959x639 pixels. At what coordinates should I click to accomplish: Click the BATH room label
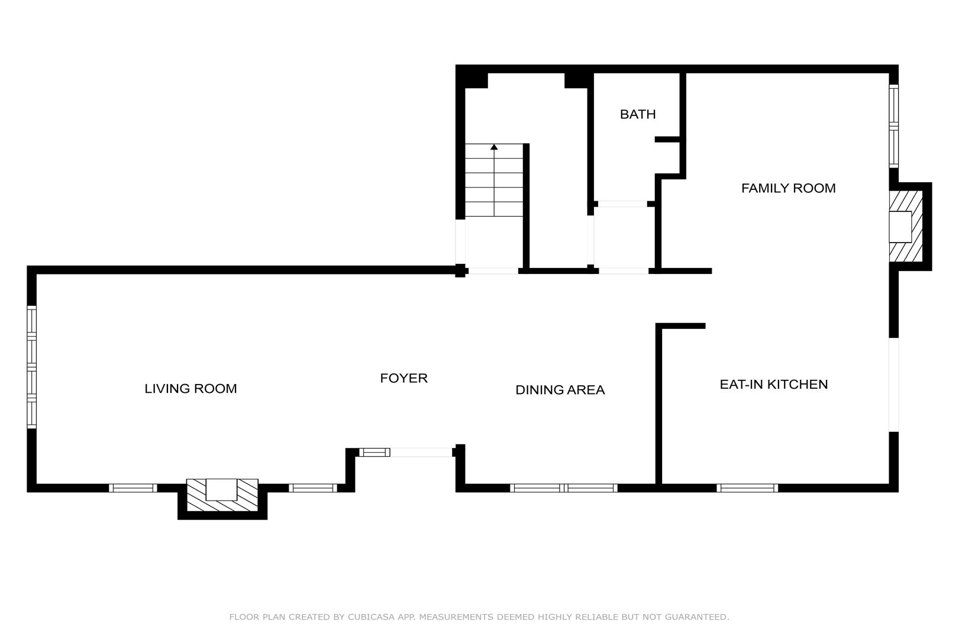tap(638, 114)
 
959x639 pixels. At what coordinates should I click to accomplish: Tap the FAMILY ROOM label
tap(788, 188)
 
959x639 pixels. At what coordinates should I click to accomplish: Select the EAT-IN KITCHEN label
tap(774, 384)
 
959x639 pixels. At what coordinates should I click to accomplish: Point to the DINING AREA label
tap(560, 390)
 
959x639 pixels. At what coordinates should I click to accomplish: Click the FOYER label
tap(403, 378)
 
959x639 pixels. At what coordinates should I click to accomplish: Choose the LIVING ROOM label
tap(190, 389)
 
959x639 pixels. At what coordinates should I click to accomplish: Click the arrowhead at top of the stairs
tap(494, 147)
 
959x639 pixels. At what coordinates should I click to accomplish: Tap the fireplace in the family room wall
tap(906, 226)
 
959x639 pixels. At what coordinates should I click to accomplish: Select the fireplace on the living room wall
tap(222, 495)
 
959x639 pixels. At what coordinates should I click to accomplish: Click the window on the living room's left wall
tap(32, 367)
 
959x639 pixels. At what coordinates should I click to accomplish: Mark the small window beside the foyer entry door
tap(374, 452)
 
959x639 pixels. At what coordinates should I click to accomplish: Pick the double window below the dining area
tap(563, 488)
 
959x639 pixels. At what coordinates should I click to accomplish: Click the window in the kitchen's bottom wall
tap(747, 488)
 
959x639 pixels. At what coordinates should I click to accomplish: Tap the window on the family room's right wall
tap(893, 127)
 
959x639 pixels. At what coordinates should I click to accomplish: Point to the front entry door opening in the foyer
tap(421, 452)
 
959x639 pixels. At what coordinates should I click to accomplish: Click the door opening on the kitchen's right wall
tap(893, 385)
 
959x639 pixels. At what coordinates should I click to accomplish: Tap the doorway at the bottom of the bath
tap(622, 204)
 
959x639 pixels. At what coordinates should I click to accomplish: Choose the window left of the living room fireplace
tap(133, 488)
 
